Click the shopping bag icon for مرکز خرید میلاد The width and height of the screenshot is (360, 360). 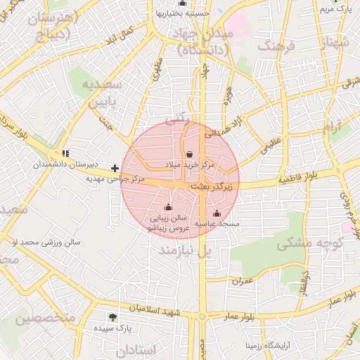pos(189,154)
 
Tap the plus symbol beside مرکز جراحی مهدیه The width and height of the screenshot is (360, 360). pos(115,168)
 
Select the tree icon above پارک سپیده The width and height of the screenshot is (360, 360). pos(112,317)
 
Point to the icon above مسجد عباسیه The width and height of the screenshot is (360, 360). pos(217,213)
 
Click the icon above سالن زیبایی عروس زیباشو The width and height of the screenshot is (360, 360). pos(167,207)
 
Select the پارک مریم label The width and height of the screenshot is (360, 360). pos(335,9)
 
